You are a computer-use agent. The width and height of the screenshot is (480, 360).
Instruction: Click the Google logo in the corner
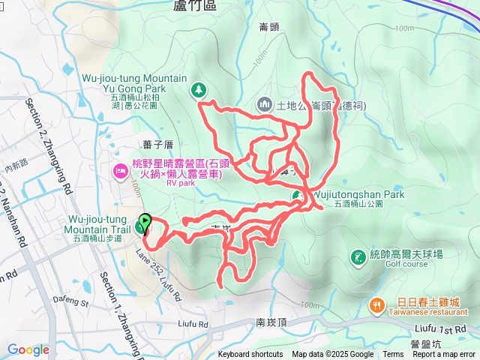coord(28,349)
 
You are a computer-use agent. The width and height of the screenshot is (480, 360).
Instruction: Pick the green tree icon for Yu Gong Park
coord(198,89)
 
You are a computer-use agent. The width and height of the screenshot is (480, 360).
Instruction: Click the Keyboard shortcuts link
coord(251,355)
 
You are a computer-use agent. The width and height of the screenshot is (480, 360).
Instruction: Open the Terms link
coord(393,355)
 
